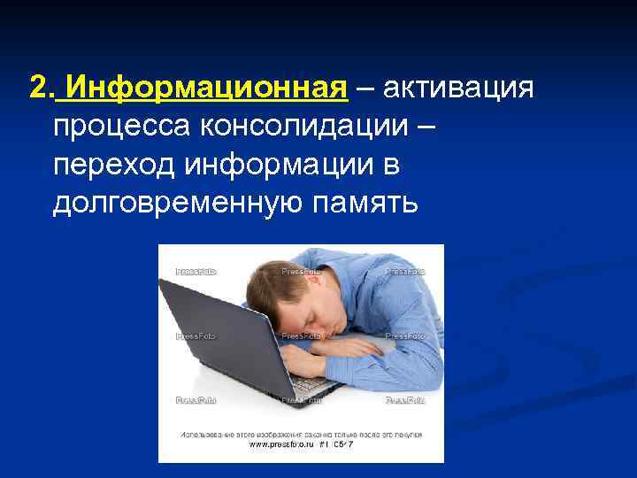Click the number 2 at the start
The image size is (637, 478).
36,89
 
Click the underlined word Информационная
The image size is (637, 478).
204,89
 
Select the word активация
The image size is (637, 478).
458,89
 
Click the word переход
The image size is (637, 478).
104,166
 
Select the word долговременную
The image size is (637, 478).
179,204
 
